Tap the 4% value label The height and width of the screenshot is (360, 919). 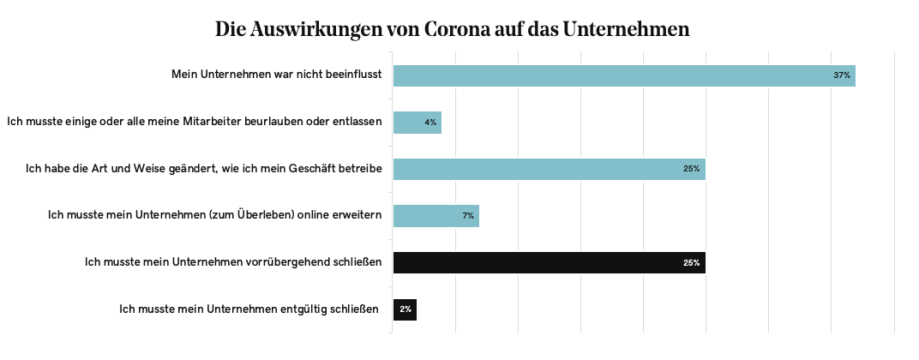430,123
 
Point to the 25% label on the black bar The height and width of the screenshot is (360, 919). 692,262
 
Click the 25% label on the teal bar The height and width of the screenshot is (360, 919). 692,169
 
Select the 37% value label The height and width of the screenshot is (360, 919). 842,75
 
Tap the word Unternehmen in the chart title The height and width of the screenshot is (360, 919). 626,29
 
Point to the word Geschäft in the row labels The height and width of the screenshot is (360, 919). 309,168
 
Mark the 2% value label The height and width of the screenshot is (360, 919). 405,309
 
